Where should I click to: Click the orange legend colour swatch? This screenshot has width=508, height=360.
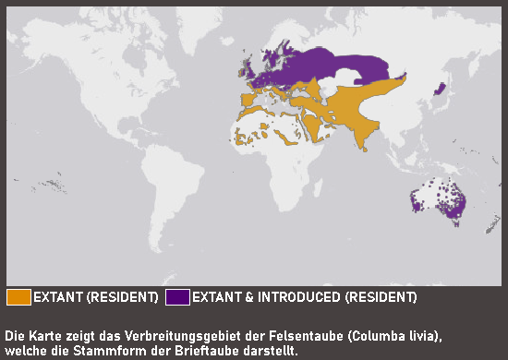coord(18,297)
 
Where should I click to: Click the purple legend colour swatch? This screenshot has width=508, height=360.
coord(177,297)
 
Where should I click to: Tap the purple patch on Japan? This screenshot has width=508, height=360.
coord(440,90)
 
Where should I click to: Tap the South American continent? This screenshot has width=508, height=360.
coord(162,189)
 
